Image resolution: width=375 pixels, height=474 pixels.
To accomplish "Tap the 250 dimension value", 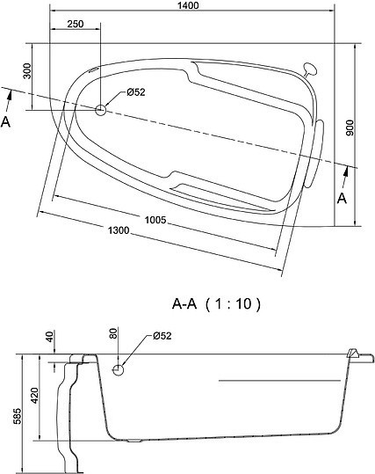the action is tap(76, 24).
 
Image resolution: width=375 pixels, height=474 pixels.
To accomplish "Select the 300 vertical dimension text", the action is tap(27, 70).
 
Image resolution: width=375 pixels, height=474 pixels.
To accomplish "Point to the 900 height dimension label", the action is tap(350, 128).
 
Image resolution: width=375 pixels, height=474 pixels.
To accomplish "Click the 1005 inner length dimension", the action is tap(155, 220).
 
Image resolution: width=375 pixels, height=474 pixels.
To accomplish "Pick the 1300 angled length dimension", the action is tap(119, 230).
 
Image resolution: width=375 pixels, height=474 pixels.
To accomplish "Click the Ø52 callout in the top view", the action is tap(136, 91).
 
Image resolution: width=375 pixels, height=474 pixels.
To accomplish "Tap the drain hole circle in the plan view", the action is tap(100, 110).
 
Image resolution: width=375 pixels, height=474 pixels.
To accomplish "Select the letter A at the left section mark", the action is tap(6, 122).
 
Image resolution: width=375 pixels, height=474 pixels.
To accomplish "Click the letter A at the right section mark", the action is tap(342, 199).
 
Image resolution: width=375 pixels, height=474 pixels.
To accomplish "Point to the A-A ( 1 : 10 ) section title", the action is tap(216, 303).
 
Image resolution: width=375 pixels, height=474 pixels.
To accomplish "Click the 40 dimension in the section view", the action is tap(50, 336).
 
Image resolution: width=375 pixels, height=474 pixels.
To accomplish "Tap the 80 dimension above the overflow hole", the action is tap(113, 333).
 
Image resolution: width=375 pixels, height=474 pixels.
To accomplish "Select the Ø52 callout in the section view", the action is tap(162, 336).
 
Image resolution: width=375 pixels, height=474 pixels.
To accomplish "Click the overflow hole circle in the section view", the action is tap(118, 369).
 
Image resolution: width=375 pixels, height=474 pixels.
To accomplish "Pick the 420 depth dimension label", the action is tap(35, 395).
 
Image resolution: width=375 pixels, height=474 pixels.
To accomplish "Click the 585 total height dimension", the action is tap(18, 416).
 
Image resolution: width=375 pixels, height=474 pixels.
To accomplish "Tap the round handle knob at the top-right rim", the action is tap(310, 69).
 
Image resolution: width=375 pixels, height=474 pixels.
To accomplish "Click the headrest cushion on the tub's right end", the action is tap(315, 153).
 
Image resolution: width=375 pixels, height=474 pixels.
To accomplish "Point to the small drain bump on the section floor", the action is tap(134, 441).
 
